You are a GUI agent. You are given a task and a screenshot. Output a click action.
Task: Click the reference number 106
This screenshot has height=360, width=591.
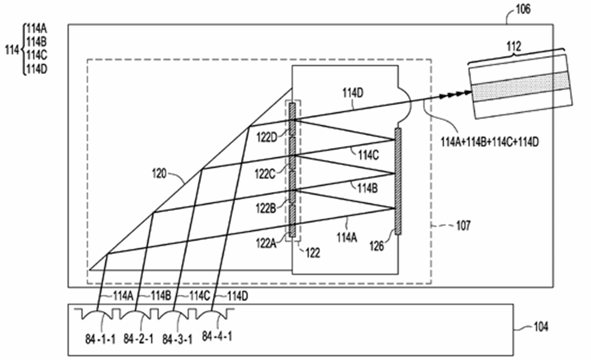coord(523,10)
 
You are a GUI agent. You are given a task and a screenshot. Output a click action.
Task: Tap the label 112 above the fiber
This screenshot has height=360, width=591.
coord(514,47)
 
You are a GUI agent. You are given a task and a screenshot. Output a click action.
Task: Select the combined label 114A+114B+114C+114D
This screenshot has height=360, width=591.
coord(490,142)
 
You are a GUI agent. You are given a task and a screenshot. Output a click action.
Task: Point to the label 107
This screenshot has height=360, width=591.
coord(464,225)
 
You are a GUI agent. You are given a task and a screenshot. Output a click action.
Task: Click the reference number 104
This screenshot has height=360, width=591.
coord(541,327)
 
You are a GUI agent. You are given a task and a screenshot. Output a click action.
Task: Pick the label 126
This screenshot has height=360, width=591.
coord(377,246)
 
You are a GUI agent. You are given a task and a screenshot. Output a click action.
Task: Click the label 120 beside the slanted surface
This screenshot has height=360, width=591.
coord(159,174)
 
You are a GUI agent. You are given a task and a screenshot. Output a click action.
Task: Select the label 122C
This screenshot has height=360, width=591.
coord(265,174)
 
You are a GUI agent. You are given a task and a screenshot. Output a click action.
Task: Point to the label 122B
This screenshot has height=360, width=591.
coord(266,208)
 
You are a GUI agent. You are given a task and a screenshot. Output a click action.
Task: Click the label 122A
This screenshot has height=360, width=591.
coord(266,243)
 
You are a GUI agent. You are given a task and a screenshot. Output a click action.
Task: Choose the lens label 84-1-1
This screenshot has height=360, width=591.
coord(100,339)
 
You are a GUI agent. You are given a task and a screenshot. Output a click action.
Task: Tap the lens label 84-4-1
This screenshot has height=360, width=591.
coord(217,336)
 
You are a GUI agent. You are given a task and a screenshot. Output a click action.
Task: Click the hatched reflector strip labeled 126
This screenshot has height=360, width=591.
coord(398,181)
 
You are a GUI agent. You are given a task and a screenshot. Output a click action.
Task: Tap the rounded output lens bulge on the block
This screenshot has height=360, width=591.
coord(405,104)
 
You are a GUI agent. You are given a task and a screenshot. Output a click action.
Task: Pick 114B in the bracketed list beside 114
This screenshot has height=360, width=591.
coord(37,42)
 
